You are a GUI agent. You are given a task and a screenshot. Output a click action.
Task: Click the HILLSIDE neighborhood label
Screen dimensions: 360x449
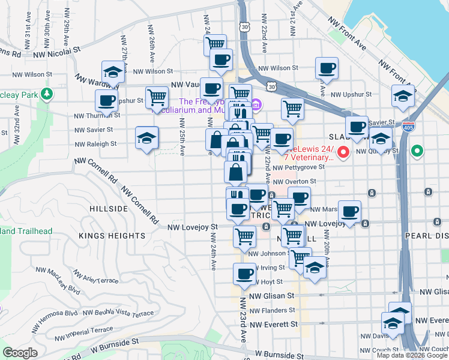[109, 209]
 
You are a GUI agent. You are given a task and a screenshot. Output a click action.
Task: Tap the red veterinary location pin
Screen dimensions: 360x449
[343, 152]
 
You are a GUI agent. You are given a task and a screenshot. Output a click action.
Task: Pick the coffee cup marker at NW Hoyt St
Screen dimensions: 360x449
[244, 274]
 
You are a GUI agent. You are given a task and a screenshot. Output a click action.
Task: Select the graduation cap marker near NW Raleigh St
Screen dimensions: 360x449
[146, 138]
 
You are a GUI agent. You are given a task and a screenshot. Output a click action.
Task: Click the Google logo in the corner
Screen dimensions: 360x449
[20, 353]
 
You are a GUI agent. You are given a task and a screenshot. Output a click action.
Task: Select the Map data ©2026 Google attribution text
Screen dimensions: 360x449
[412, 355]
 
